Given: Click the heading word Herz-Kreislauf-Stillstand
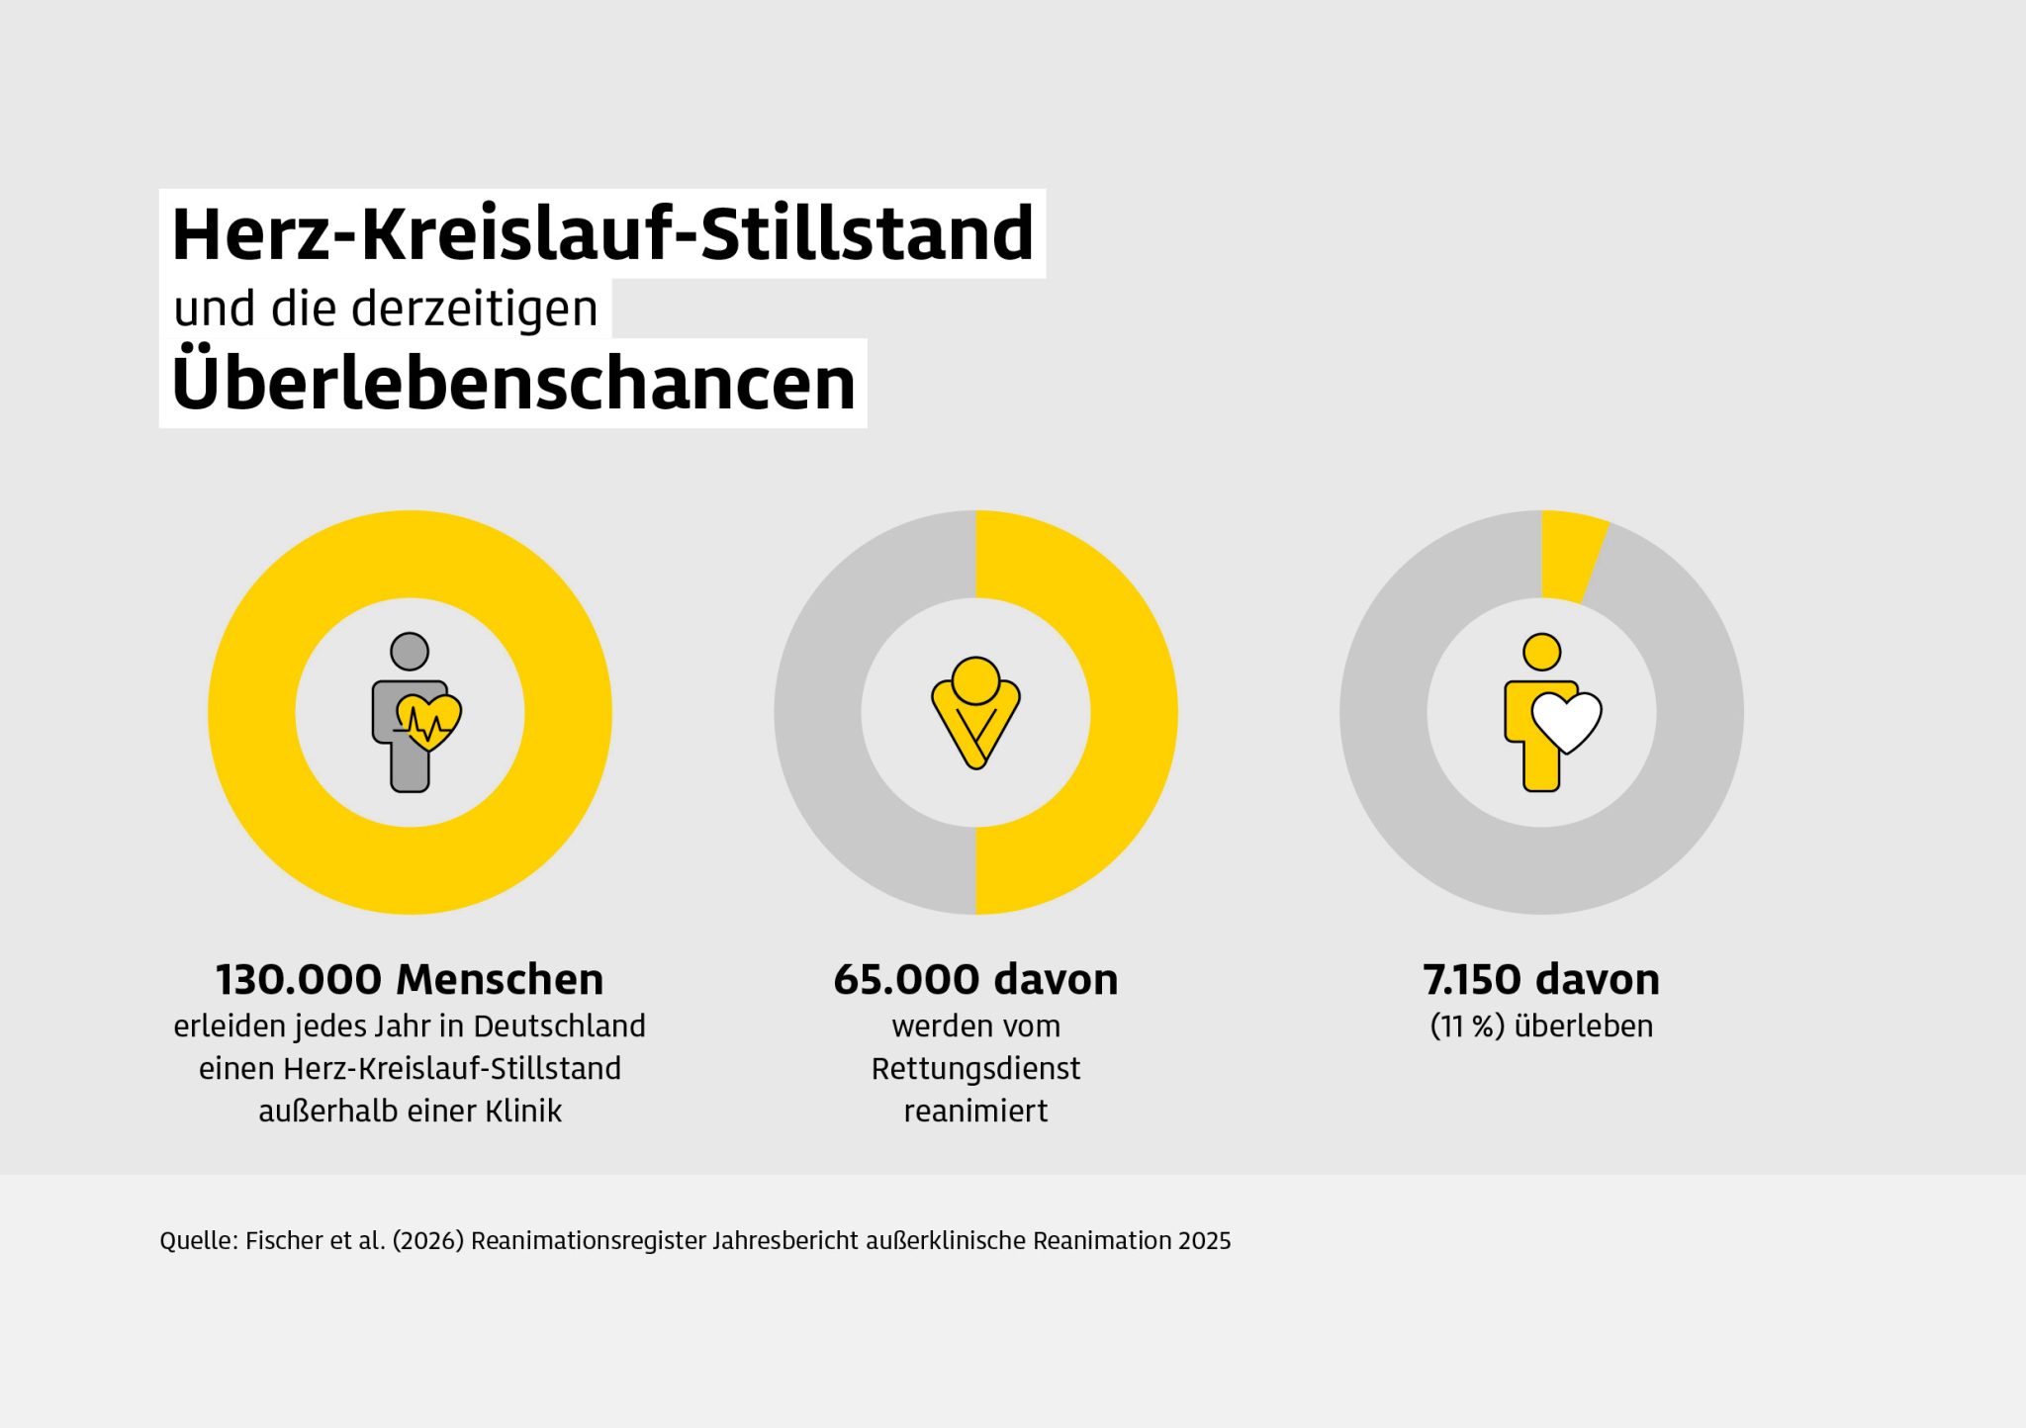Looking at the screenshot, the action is point(602,234).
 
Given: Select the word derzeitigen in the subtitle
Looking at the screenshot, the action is point(475,310).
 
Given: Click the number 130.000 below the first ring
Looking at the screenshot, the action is point(299,980).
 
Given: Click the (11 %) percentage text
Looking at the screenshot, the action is point(1467,1026).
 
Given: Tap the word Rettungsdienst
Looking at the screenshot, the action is point(975,1069).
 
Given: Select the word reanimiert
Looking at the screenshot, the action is point(975,1112).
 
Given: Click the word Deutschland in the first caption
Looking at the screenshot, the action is point(559,1026).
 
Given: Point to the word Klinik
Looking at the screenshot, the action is point(523,1112).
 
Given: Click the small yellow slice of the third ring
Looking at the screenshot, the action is point(1572,557).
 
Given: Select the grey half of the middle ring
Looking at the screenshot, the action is point(818,712).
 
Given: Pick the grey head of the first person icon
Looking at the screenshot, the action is point(410,652).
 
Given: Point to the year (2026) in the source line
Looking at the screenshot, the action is point(428,1241).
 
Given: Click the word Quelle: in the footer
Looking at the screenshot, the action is point(199,1241).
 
